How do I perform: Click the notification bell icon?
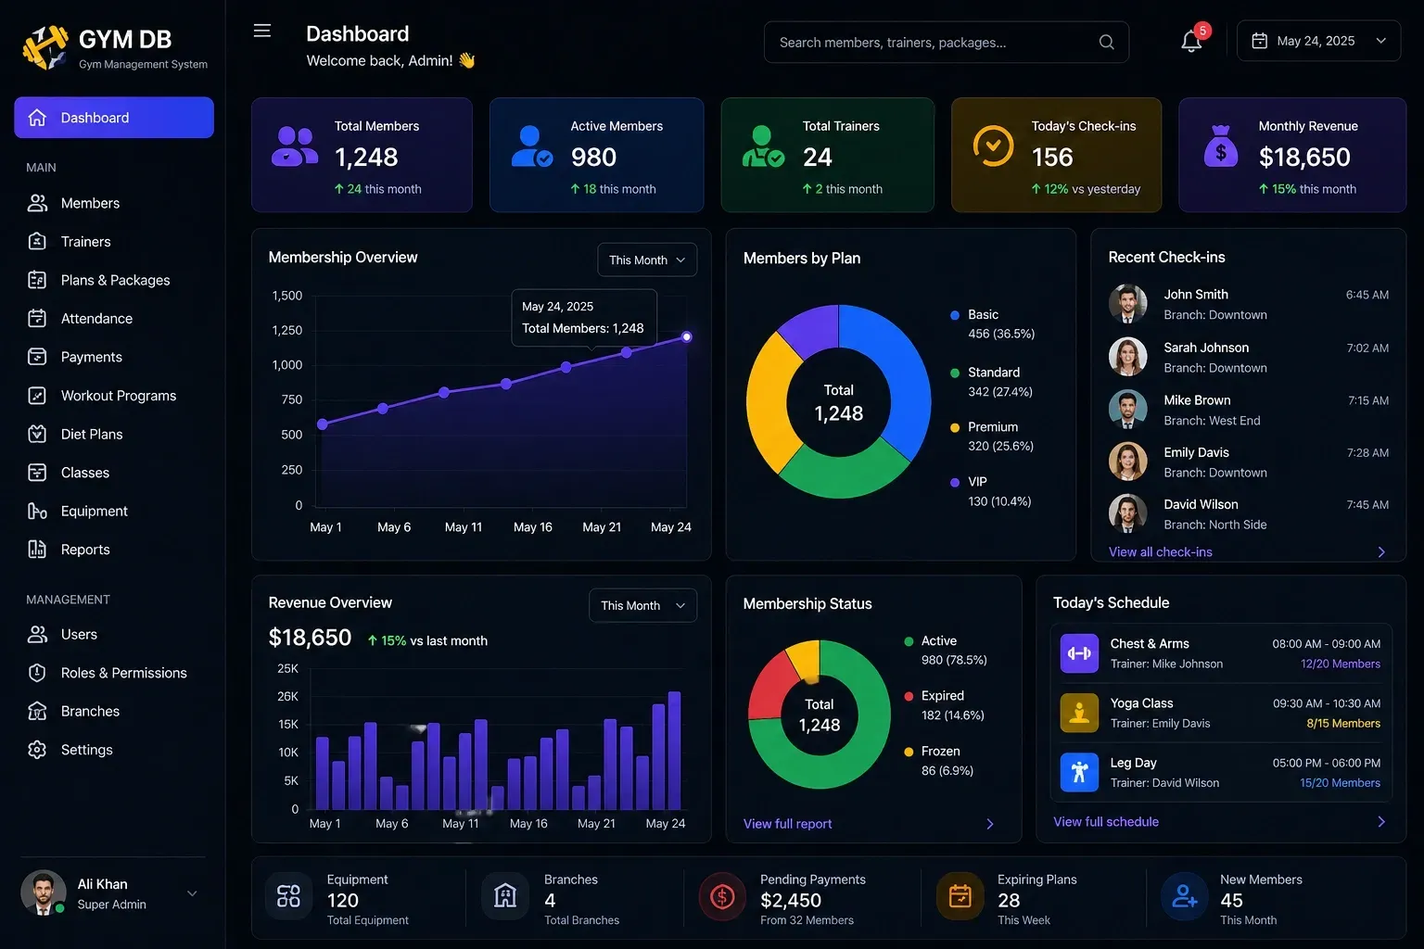click(1191, 42)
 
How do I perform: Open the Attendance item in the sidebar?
click(96, 319)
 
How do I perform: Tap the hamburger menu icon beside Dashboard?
click(262, 31)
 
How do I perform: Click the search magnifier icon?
click(1106, 42)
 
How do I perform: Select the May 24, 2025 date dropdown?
click(1318, 42)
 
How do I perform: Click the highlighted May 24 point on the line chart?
click(687, 337)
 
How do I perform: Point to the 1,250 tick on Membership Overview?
click(287, 330)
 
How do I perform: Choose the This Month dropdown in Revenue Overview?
click(642, 605)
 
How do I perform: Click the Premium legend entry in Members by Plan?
click(992, 437)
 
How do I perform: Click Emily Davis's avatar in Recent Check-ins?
click(1127, 462)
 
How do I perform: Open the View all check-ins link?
click(1160, 551)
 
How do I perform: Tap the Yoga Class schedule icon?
click(1079, 713)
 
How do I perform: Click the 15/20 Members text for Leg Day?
click(1340, 782)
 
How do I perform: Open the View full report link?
click(787, 824)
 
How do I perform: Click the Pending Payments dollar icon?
click(722, 897)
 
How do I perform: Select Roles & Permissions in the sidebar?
click(124, 673)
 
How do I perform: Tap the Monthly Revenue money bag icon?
click(1221, 146)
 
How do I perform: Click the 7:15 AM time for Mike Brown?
click(1368, 400)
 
